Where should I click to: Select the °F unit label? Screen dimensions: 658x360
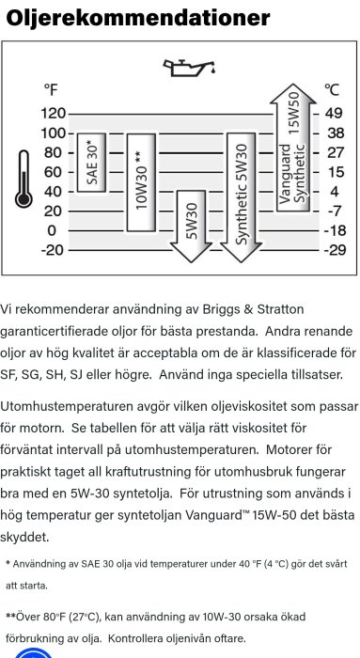pyautogui.click(x=51, y=89)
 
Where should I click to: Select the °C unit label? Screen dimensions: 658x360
pyautogui.click(x=331, y=89)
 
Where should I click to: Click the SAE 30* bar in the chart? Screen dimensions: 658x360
pyautogui.click(x=90, y=163)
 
